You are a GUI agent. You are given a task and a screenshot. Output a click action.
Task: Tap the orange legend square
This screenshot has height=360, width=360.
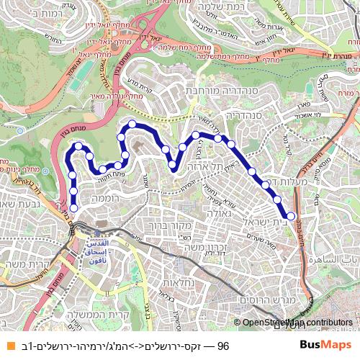9,346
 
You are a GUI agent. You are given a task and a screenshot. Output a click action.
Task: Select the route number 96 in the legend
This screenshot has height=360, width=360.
222,346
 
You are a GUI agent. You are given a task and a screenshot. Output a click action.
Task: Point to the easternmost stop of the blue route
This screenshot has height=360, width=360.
291,215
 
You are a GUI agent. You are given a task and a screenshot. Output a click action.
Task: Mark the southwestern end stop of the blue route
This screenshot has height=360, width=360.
73,208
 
